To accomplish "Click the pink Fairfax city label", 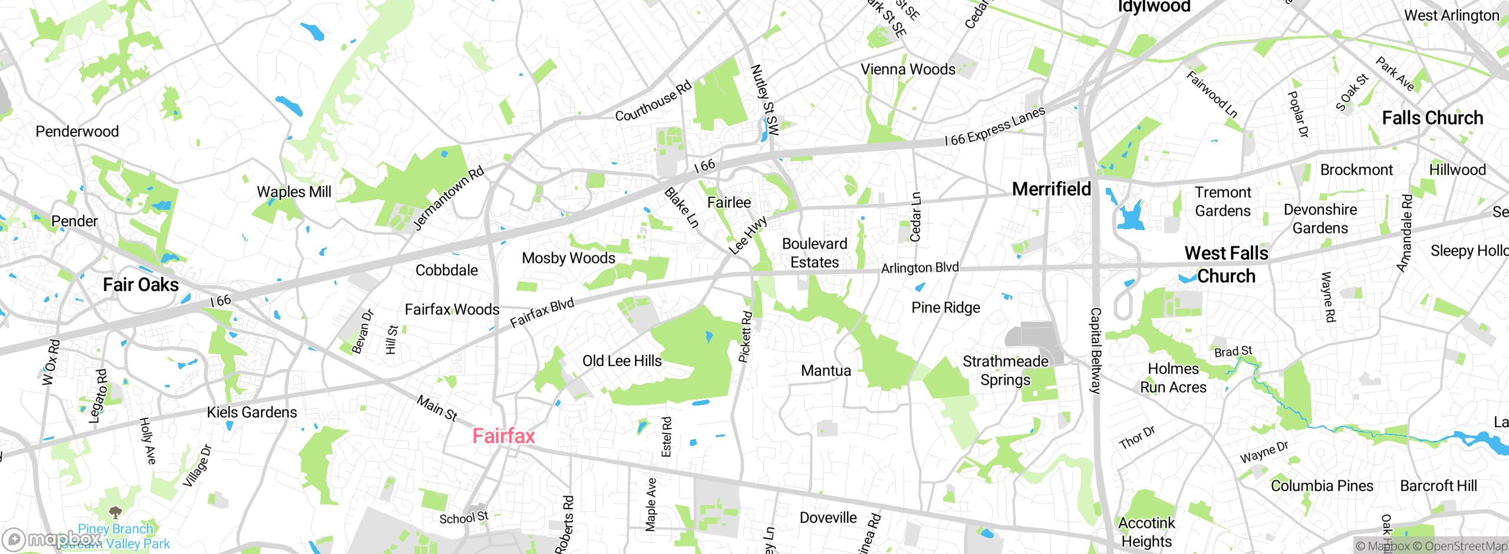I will (503, 436).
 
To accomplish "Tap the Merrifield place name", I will (1052, 189).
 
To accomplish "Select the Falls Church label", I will (1432, 118).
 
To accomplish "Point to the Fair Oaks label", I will (141, 285).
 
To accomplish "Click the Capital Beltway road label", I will (1095, 351).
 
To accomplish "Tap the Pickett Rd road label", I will (746, 337).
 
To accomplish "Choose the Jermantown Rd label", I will (448, 198).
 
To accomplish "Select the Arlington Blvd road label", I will (920, 268).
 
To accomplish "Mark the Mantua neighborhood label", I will (826, 371).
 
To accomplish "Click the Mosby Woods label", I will (568, 258).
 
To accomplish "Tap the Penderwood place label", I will (77, 131).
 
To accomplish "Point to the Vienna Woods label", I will (908, 70).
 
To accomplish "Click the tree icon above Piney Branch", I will (116, 512).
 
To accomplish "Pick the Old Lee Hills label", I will (622, 361).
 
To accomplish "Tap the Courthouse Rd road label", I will (653, 102).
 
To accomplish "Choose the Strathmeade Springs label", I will (1006, 371).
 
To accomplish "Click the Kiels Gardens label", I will (252, 412).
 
